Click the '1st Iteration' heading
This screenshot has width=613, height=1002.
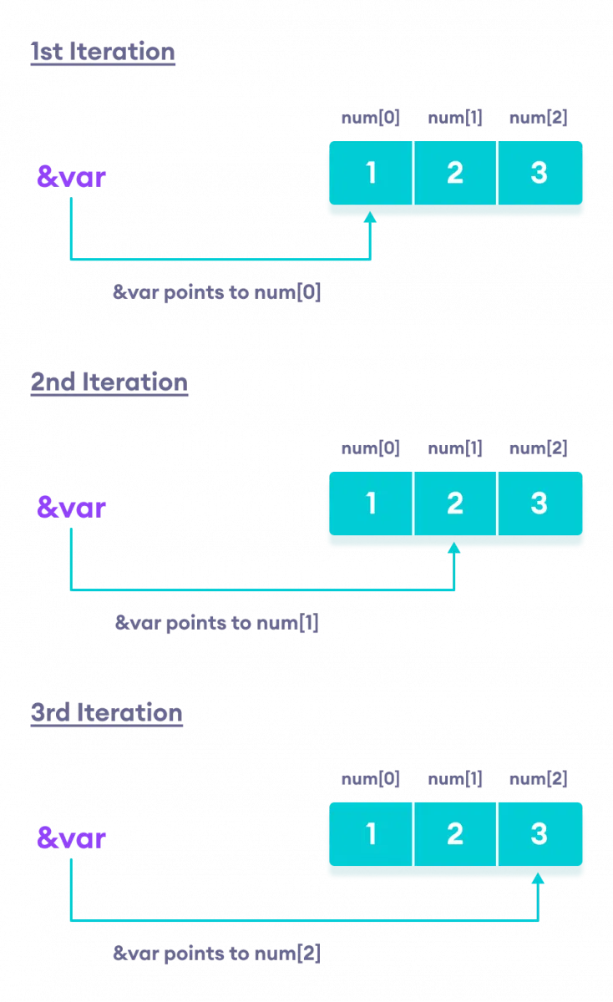(103, 52)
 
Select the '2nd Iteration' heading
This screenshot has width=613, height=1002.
(109, 382)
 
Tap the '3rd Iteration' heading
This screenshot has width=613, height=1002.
(107, 713)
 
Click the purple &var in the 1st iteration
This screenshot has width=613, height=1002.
(72, 176)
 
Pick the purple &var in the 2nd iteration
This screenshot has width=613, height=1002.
(72, 507)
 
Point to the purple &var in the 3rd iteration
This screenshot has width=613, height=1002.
(72, 838)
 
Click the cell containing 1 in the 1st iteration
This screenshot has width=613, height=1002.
(371, 173)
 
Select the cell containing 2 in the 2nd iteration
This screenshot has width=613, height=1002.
(455, 504)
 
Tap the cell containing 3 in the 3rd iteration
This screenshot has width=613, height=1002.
(540, 834)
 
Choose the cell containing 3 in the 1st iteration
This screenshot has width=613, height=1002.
(540, 173)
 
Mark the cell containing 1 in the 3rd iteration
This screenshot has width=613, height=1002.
(371, 834)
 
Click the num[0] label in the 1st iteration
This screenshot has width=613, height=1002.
(371, 118)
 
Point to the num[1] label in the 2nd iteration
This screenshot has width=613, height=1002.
(455, 448)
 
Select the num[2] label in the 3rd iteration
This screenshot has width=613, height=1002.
(539, 779)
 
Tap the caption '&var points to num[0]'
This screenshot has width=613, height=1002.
(217, 293)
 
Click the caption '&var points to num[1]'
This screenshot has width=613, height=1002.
(217, 624)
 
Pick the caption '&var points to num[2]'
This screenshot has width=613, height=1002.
(217, 954)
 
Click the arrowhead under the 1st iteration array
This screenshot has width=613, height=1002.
(371, 217)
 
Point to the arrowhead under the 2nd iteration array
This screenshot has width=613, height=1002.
(455, 548)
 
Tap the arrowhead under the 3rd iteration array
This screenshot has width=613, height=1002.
(539, 878)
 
